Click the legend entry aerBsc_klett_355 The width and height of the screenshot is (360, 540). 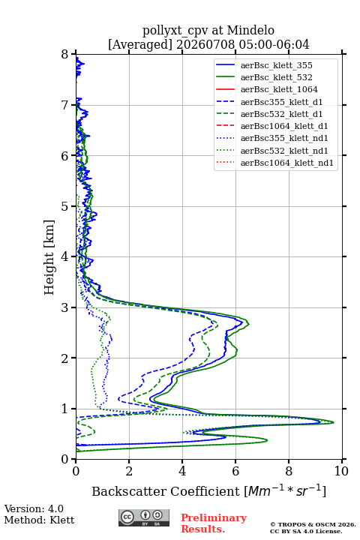(x=276, y=65)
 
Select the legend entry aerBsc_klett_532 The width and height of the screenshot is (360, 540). (x=276, y=77)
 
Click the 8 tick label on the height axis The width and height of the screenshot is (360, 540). (x=65, y=54)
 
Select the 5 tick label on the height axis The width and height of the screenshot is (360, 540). (x=65, y=206)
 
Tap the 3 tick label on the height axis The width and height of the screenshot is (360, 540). (x=65, y=307)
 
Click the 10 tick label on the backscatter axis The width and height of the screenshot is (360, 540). (x=341, y=471)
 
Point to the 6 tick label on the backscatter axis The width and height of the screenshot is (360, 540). (x=235, y=471)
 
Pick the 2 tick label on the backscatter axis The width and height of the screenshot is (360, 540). (x=129, y=471)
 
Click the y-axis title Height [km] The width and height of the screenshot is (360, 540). (x=49, y=257)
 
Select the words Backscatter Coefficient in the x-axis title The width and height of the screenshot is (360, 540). (x=166, y=491)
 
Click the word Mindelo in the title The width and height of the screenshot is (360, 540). (x=250, y=30)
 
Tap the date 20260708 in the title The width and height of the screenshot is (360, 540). (x=205, y=44)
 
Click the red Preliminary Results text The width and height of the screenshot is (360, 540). (x=214, y=523)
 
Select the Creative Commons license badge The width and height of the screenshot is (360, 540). (x=144, y=517)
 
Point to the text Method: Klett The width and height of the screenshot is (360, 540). (x=39, y=520)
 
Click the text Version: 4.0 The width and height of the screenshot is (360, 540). (x=34, y=508)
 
